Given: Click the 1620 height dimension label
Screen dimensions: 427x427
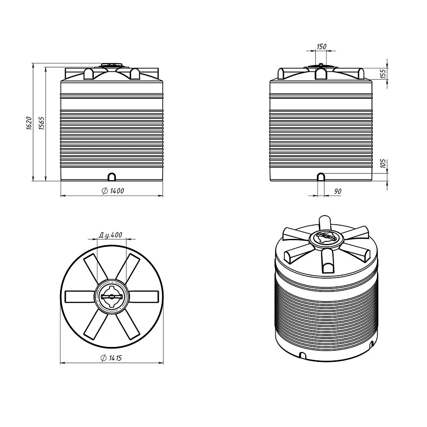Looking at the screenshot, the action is click(x=29, y=123).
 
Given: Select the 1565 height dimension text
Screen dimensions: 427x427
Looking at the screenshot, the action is click(x=41, y=123).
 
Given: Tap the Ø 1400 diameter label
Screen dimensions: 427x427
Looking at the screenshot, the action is click(x=113, y=191).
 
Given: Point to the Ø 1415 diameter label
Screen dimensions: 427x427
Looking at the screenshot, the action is click(x=111, y=358).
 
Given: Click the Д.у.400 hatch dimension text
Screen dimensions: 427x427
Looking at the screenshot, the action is click(x=110, y=234).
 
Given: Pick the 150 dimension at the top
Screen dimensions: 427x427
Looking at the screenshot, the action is click(x=322, y=47).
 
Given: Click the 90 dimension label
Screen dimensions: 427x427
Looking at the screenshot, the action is click(x=337, y=191).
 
